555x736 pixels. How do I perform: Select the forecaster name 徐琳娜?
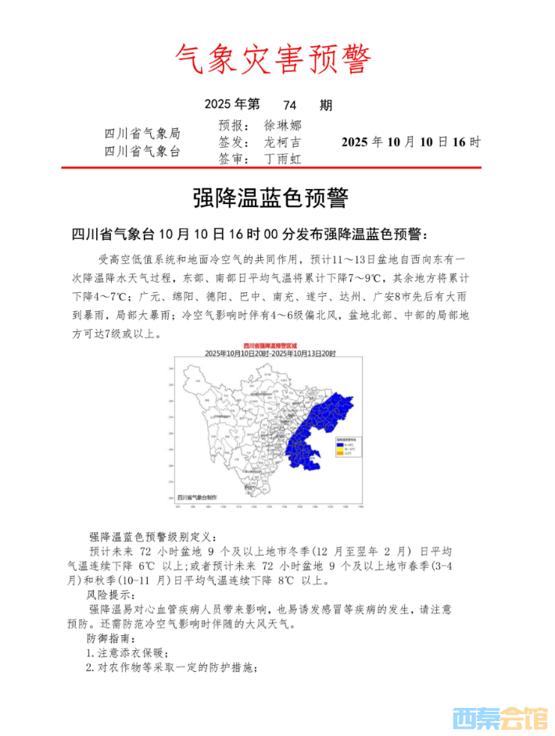click(282, 125)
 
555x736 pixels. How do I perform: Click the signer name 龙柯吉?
click(282, 142)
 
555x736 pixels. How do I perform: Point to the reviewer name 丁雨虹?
click(282, 159)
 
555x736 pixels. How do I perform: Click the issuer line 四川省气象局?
click(142, 134)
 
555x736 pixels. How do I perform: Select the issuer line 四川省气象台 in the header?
click(142, 151)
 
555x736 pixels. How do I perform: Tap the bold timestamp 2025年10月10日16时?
click(411, 142)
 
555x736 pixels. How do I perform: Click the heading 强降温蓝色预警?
click(270, 198)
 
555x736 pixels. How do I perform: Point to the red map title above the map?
click(269, 345)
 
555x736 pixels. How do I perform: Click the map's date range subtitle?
click(269, 353)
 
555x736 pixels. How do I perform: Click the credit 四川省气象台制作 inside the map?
click(199, 496)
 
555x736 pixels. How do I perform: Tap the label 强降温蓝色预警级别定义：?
click(156, 537)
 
